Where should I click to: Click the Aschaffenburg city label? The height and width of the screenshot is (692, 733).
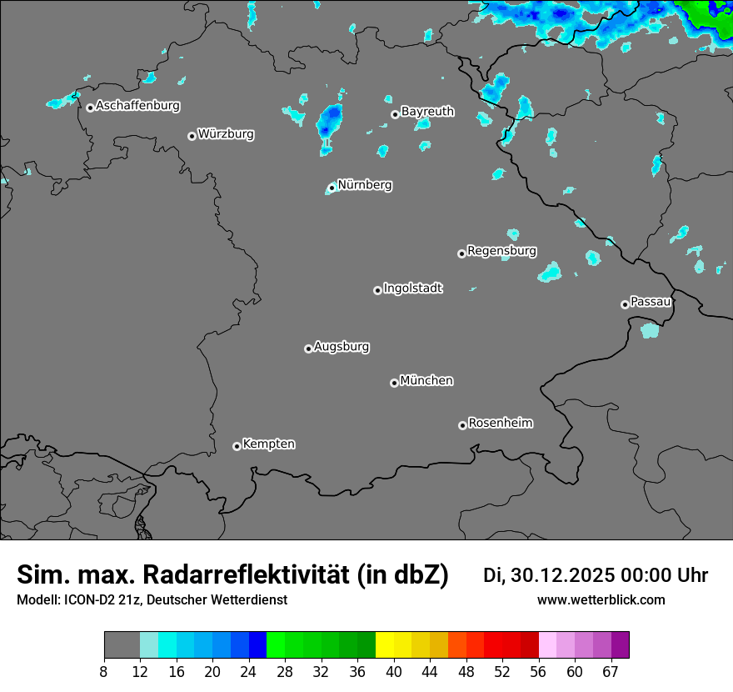[x=137, y=106]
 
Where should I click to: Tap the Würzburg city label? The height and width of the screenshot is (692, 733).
[x=226, y=134]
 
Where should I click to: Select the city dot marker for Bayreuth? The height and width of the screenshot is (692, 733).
[x=395, y=115]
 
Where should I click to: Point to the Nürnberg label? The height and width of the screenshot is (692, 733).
[x=365, y=185]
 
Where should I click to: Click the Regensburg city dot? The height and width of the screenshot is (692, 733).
[x=461, y=253]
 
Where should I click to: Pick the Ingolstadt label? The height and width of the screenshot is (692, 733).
[x=413, y=288]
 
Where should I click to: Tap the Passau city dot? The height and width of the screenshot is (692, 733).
[x=625, y=304]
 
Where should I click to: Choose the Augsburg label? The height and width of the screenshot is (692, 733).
[x=342, y=347]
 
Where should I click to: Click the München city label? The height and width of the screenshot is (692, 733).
[x=426, y=381]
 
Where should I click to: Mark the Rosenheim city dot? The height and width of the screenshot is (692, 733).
[x=462, y=426]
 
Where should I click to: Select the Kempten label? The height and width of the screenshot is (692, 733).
[x=268, y=444]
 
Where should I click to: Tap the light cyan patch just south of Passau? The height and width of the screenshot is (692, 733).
[x=650, y=330]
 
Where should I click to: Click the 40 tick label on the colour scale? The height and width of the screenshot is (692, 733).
[x=394, y=672]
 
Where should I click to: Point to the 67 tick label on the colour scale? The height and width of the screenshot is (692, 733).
[x=611, y=672]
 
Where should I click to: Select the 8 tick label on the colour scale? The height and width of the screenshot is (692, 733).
[x=104, y=672]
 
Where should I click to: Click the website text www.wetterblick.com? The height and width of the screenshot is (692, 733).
[x=601, y=599]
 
